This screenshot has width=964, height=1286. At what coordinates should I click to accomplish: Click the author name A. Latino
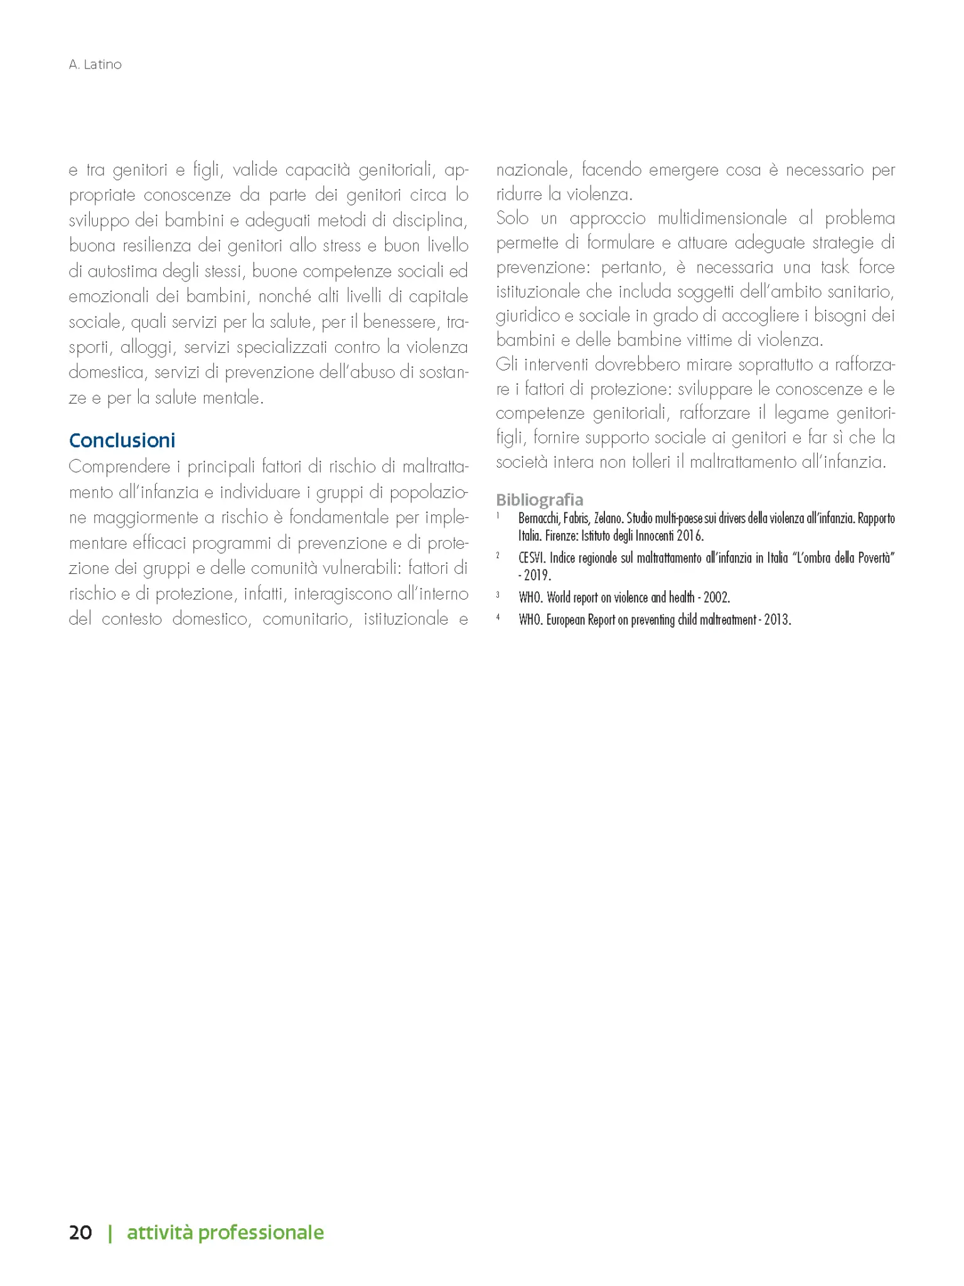point(95,65)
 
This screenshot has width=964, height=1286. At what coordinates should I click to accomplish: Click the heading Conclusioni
point(122,440)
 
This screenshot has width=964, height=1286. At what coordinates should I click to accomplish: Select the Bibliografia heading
point(539,499)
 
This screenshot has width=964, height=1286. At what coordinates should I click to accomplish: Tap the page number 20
point(80,1232)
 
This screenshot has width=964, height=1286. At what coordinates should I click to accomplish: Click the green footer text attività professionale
point(225,1232)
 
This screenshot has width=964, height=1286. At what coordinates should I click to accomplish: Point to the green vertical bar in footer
point(110,1233)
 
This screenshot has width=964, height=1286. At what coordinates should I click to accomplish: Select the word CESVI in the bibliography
point(532,558)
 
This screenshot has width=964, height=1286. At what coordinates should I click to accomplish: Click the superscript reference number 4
point(498,617)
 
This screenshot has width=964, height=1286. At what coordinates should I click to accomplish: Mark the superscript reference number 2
point(498,555)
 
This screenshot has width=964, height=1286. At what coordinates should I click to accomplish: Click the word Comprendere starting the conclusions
point(119,467)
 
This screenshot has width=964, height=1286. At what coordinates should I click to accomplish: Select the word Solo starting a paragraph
point(513,219)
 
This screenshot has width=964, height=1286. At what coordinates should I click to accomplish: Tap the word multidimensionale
point(722,219)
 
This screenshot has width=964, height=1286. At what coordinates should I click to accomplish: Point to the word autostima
point(123,271)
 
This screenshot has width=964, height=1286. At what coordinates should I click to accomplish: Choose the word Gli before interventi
point(506,365)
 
